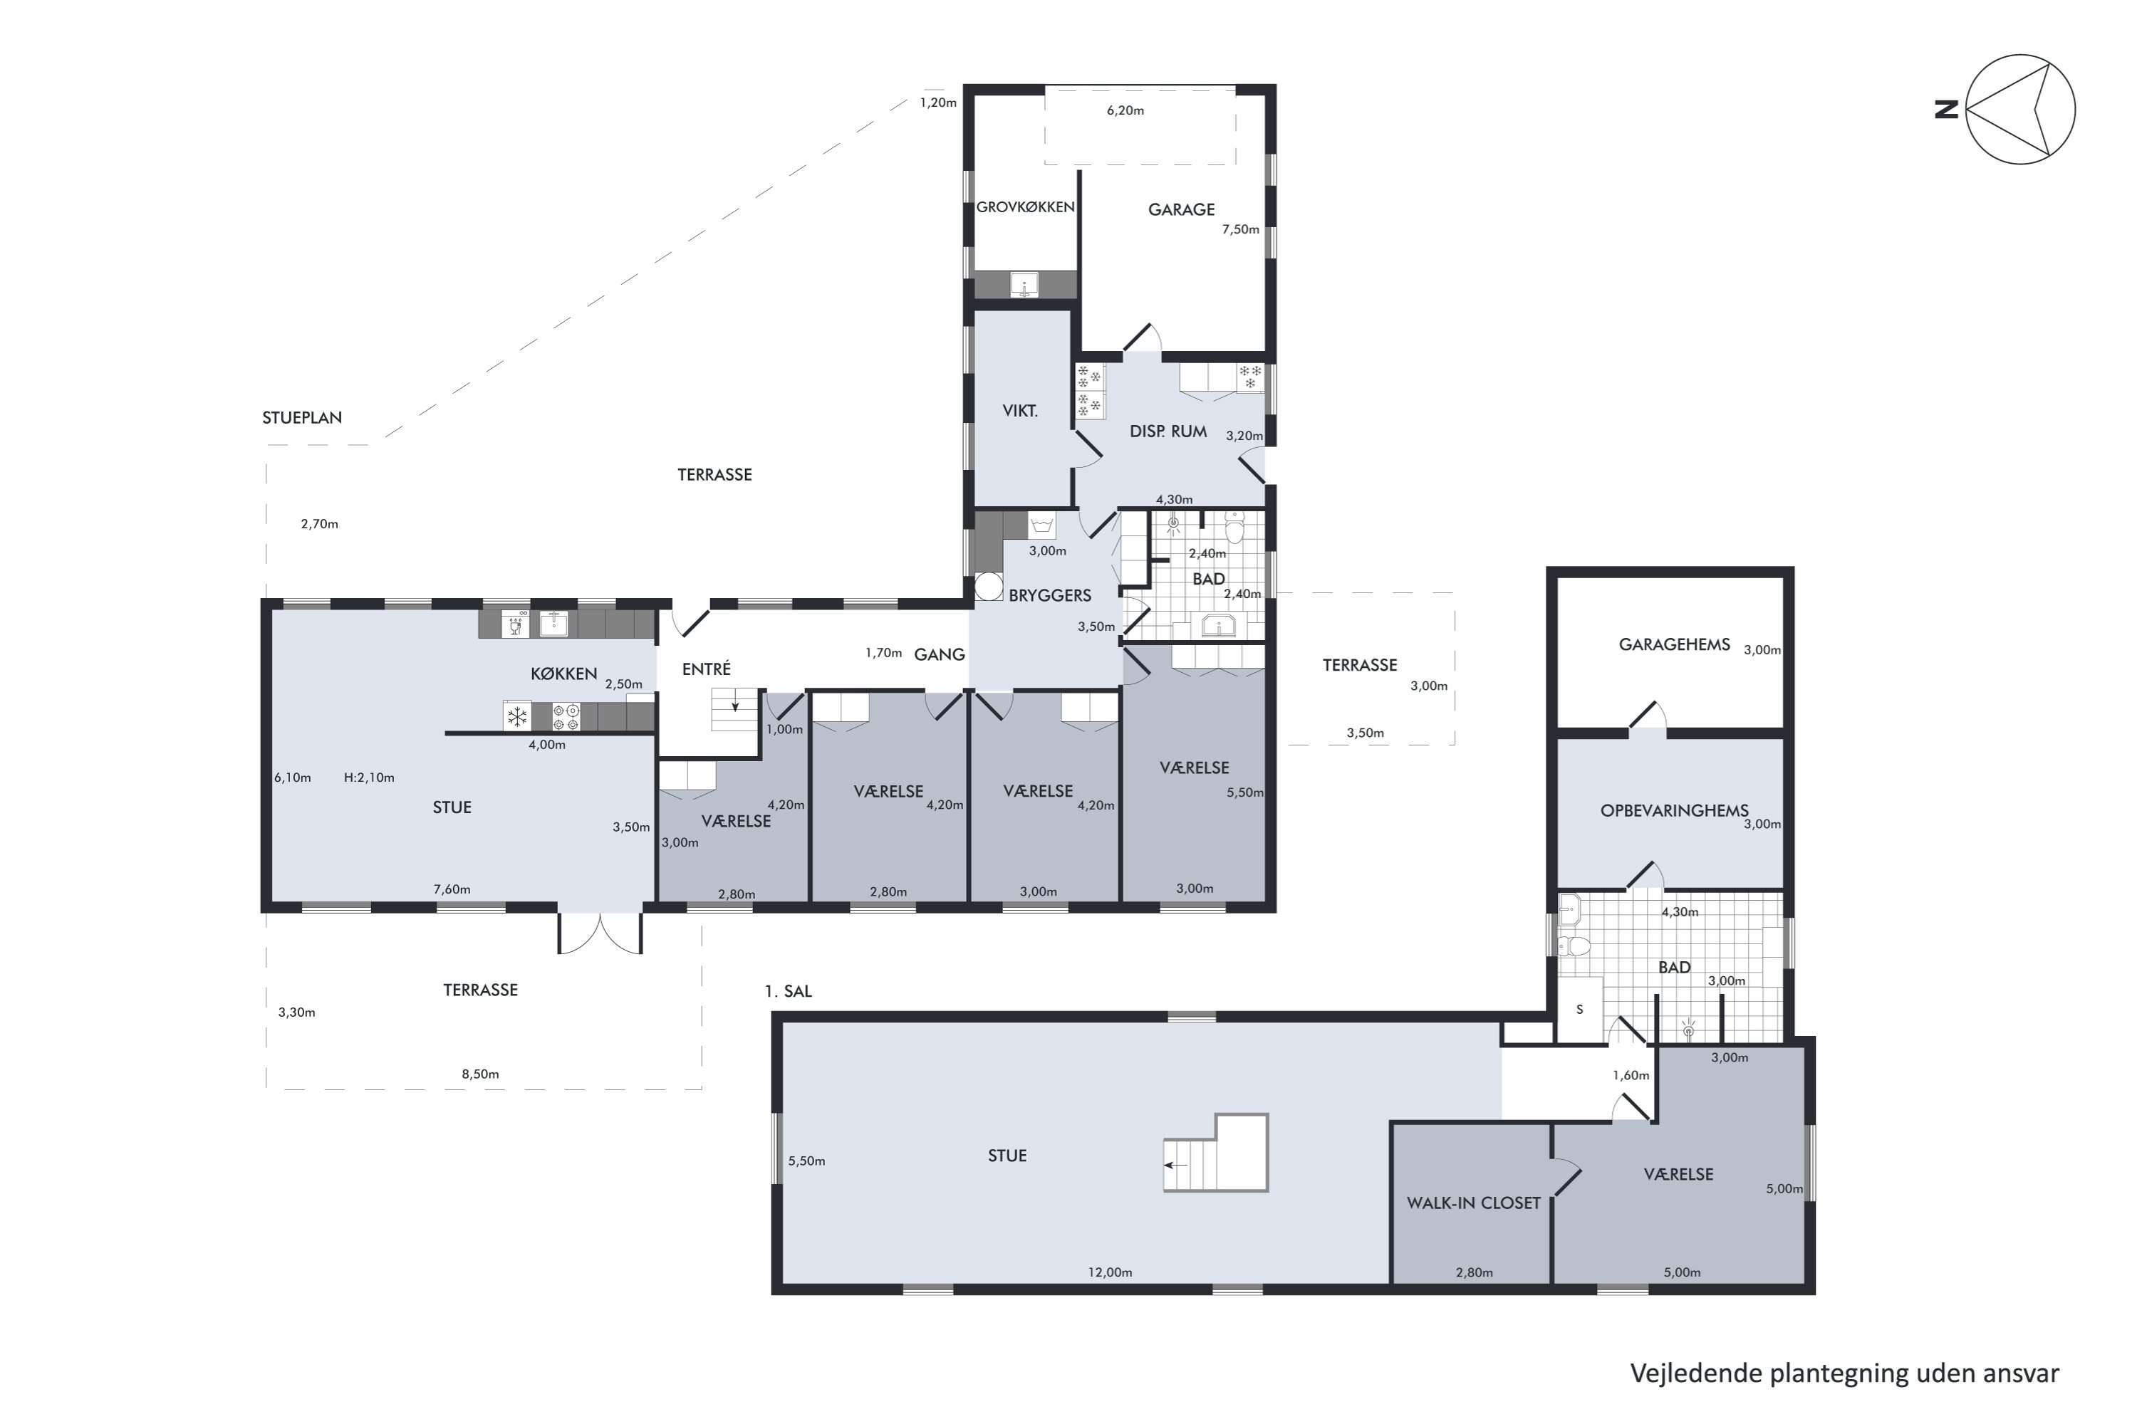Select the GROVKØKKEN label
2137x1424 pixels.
click(x=1025, y=207)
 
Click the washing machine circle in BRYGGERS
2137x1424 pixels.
click(x=989, y=587)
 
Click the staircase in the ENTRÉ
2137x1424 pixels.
click(x=734, y=709)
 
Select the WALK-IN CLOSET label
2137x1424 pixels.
click(x=1474, y=1203)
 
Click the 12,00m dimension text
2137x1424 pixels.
click(x=1111, y=1272)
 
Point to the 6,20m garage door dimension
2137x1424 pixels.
click(x=1125, y=111)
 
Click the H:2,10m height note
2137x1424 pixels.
click(x=369, y=778)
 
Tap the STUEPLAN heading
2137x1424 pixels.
click(x=301, y=418)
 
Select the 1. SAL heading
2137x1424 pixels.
click(x=788, y=992)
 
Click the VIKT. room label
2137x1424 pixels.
click(x=1019, y=412)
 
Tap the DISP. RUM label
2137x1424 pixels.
click(x=1168, y=431)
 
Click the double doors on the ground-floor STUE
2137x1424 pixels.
click(x=600, y=933)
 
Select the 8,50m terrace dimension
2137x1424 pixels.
click(x=479, y=1074)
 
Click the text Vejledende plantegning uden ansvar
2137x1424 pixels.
click(x=1844, y=1373)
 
